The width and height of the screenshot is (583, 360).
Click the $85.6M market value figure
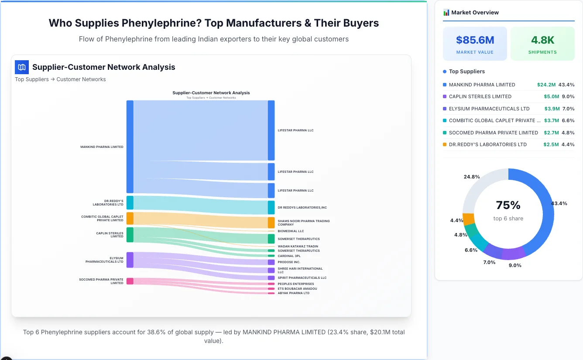click(x=475, y=40)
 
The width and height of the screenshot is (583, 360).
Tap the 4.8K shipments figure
click(x=542, y=40)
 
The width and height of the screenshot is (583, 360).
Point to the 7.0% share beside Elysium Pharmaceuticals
click(x=568, y=109)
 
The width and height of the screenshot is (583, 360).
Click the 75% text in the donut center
click(x=508, y=205)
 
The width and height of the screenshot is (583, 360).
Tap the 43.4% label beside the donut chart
click(x=559, y=204)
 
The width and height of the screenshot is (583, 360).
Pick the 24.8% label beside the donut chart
click(x=472, y=177)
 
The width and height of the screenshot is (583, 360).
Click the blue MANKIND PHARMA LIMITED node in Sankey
click(x=130, y=147)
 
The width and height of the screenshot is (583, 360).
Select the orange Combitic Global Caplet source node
click(x=130, y=218)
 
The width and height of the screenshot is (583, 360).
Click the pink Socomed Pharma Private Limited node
click(x=130, y=281)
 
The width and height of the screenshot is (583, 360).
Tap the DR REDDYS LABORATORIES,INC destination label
click(x=302, y=207)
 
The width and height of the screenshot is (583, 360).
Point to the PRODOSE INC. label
click(x=289, y=262)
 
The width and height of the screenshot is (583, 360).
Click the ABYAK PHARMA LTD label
click(x=293, y=293)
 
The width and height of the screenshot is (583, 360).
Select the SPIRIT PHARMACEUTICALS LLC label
click(x=302, y=278)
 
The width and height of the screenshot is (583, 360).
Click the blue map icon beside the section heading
click(x=21, y=67)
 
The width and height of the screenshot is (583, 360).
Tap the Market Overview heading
click(x=475, y=13)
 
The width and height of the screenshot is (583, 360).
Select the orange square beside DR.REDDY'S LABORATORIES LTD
click(x=445, y=144)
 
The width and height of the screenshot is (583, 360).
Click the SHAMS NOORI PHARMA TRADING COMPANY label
click(x=303, y=223)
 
